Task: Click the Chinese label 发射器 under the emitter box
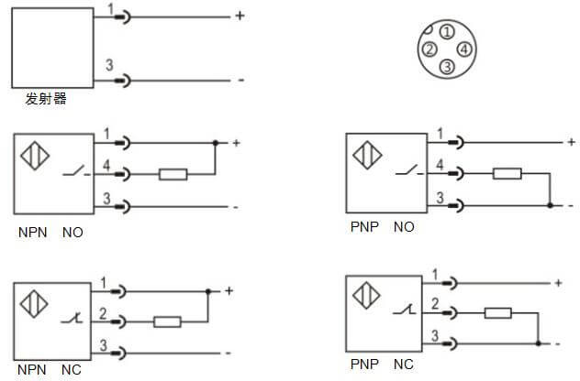[x=47, y=99]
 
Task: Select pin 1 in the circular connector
[x=446, y=32]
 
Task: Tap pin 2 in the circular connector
[x=429, y=49]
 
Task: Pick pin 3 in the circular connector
[x=446, y=66]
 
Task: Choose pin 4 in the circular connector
[x=464, y=49]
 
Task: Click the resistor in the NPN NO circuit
[x=173, y=173]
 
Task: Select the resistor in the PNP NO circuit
[x=507, y=173]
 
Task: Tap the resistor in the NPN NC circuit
[x=166, y=321]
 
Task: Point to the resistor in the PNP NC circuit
[x=497, y=313]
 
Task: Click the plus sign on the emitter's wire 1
[x=240, y=16]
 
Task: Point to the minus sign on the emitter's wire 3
[x=240, y=81]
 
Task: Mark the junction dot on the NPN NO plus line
[x=215, y=144]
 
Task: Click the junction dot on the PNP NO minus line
[x=549, y=204]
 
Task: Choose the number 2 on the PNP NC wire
[x=434, y=303]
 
